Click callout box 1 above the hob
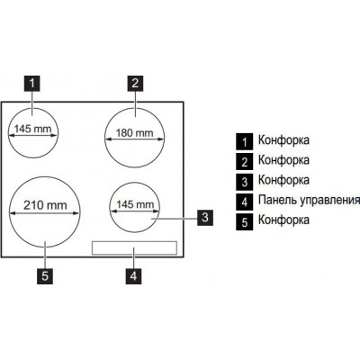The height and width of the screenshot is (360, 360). (32, 83)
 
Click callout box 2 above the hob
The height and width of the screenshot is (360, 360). (135, 83)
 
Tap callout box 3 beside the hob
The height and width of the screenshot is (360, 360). (205, 218)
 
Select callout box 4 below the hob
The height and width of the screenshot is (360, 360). (133, 276)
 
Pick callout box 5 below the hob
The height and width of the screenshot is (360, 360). (45, 276)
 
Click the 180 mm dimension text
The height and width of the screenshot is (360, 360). (134, 132)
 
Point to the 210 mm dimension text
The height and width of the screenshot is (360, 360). (45, 205)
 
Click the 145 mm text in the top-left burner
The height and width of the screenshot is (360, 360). (33, 129)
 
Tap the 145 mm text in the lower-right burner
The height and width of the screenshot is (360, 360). (135, 204)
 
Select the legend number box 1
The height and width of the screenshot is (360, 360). (245, 142)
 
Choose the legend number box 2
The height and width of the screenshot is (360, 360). (245, 162)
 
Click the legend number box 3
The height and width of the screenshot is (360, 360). (245, 182)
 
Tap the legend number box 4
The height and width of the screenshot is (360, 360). (245, 202)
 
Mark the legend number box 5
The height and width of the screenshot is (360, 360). (245, 222)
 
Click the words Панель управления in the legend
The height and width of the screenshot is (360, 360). (309, 201)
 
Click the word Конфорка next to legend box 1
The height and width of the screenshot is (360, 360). (283, 140)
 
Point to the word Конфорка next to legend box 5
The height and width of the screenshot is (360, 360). (283, 220)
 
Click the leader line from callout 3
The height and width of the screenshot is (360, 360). (175, 219)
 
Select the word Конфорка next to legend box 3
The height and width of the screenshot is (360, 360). (283, 180)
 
